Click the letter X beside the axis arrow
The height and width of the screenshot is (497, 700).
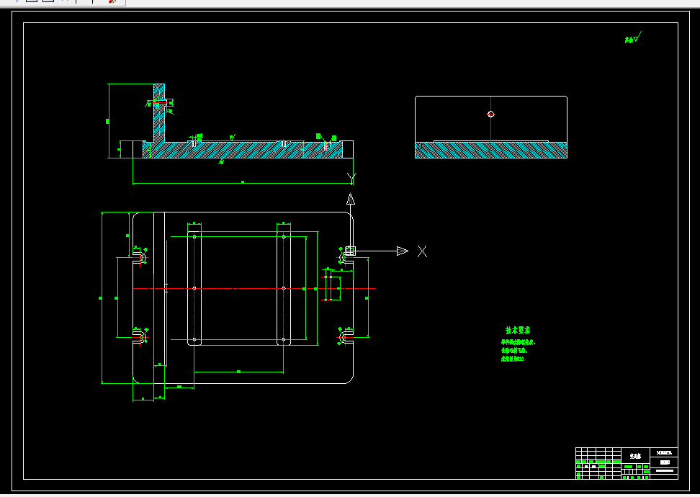coord(423,251)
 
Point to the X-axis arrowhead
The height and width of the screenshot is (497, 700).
coord(402,251)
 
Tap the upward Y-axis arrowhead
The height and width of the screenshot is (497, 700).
coord(350,200)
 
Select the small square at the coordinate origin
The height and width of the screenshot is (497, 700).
coord(351,251)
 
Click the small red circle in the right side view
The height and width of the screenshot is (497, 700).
coord(491,114)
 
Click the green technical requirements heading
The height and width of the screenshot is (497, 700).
coord(518,331)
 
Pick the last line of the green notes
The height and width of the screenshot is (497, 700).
coord(512,358)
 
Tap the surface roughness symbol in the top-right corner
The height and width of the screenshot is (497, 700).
coord(632,38)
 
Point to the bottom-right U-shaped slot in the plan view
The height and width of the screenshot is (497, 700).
coord(344,336)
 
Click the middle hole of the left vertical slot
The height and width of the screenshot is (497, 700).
coord(194,288)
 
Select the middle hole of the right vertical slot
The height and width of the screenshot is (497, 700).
coord(284,288)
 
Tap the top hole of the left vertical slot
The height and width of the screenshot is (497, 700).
coord(194,236)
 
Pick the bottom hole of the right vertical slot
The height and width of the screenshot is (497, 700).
coord(284,339)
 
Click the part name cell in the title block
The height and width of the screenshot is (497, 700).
coord(634,456)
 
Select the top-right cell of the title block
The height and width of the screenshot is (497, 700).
coord(663,452)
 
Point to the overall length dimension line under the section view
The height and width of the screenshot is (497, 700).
coord(243,183)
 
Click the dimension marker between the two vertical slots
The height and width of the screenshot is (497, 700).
coord(239,371)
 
